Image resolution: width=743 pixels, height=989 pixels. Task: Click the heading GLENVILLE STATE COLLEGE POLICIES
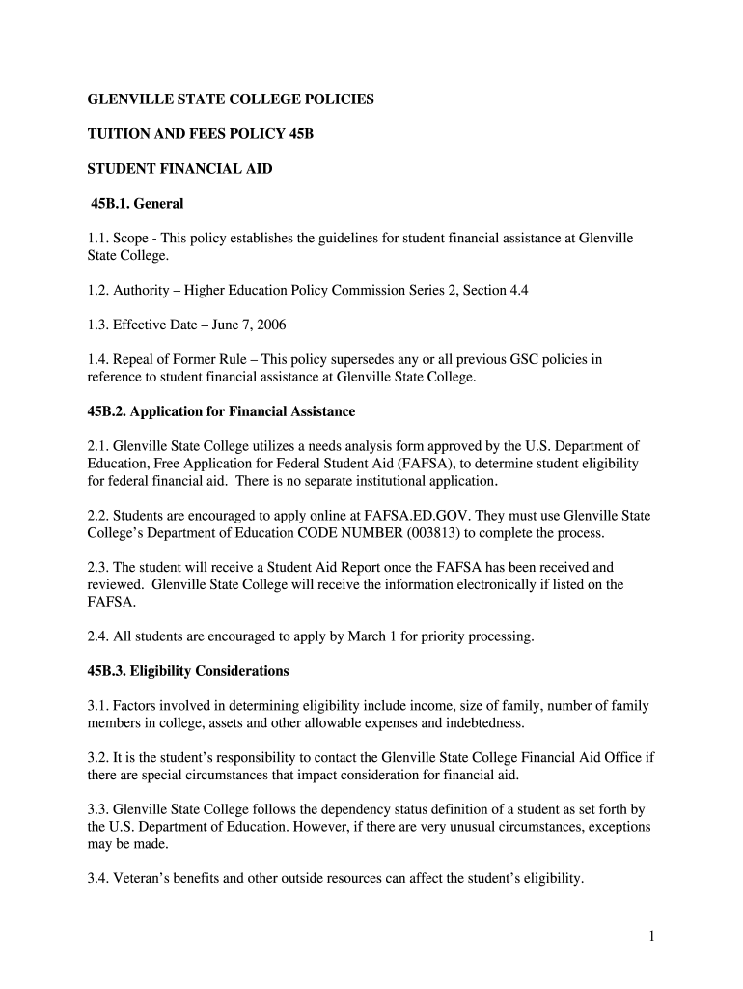(x=231, y=99)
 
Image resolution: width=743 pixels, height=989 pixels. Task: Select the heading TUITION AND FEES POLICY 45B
(x=201, y=134)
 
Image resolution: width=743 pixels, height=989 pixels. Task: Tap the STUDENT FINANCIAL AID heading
(x=180, y=169)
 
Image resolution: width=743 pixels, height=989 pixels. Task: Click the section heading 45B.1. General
(x=137, y=204)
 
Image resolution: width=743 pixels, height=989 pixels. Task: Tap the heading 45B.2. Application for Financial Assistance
(x=222, y=411)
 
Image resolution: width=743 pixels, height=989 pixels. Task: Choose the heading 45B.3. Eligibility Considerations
(x=189, y=670)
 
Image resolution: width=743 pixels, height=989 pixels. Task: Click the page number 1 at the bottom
(x=652, y=937)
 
